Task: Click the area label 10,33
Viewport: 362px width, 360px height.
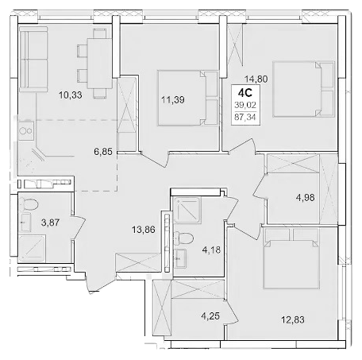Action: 71,95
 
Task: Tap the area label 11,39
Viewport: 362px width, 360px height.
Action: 173,100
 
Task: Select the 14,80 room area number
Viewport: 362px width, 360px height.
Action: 256,79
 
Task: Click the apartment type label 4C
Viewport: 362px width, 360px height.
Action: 245,93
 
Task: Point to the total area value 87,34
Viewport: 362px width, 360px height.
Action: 245,117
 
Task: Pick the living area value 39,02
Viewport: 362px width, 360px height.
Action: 245,105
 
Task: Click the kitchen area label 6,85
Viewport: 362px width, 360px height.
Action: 103,152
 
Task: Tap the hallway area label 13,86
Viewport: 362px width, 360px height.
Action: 144,230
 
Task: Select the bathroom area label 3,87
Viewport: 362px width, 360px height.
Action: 50,223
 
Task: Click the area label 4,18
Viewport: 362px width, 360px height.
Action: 211,250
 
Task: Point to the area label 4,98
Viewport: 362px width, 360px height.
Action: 305,197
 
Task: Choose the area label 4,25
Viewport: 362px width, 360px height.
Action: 210,316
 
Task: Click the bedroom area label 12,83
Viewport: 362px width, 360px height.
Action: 293,319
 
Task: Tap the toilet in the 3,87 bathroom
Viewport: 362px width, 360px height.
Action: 30,204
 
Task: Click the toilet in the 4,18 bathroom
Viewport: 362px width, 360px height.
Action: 184,238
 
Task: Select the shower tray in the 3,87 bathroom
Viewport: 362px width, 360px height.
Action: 32,248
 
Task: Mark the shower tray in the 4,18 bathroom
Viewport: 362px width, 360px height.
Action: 187,211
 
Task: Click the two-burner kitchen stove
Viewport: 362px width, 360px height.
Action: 26,131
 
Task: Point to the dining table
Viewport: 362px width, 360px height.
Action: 99,64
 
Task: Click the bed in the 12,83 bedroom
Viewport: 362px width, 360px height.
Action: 291,258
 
